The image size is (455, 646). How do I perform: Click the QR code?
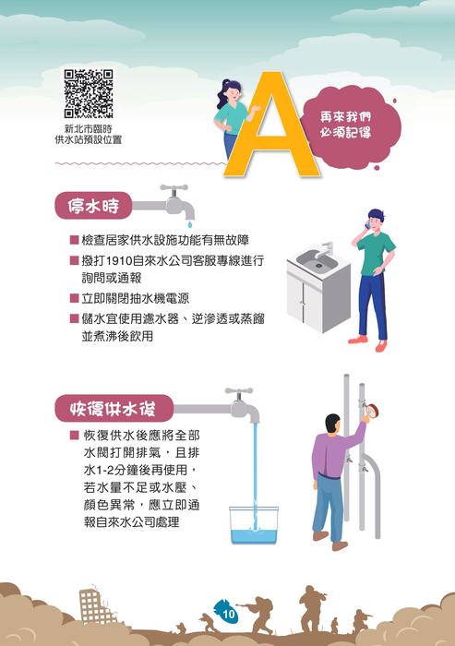[x=89, y=93]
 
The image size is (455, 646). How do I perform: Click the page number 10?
[x=228, y=615]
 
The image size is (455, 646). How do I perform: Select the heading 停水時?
[x=93, y=206]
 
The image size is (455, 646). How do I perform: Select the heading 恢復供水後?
[x=113, y=408]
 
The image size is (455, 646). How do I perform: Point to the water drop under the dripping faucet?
[x=189, y=223]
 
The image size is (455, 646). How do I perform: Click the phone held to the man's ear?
[x=367, y=225]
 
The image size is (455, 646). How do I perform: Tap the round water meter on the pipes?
[x=372, y=411]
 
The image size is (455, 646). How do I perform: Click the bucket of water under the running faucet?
[x=254, y=525]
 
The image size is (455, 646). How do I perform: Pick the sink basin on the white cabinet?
[x=317, y=259]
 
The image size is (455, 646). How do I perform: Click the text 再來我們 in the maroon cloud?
[x=345, y=117]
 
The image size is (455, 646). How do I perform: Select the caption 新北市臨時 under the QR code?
[x=89, y=129]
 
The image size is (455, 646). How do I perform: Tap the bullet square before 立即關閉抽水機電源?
[x=74, y=298]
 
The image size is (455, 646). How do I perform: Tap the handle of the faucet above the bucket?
[x=239, y=390]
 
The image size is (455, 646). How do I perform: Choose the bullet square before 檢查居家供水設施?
[x=74, y=240]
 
